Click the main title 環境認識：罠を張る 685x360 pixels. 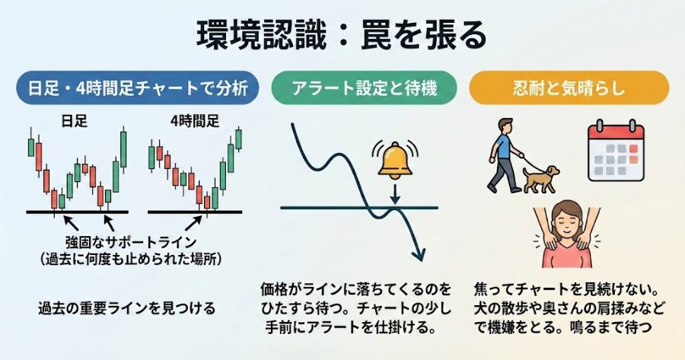(x=342, y=35)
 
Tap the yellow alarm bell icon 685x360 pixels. (x=395, y=158)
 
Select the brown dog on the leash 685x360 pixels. (x=539, y=180)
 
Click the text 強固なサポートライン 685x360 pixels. (x=132, y=243)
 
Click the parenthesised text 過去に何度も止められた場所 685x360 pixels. (x=132, y=259)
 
